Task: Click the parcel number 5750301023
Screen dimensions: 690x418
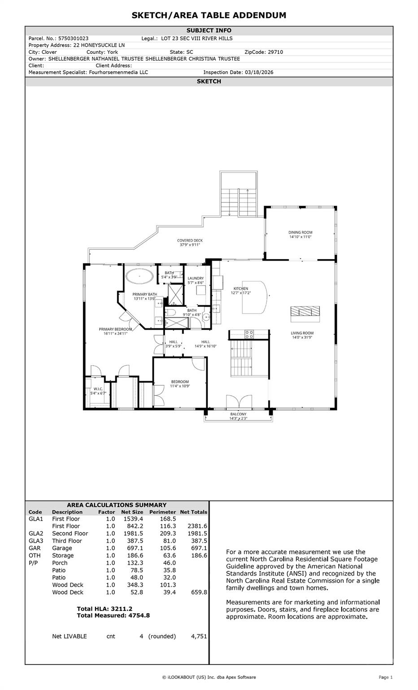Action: click(74, 39)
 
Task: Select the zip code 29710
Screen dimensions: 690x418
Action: click(275, 52)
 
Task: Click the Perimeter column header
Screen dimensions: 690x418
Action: click(162, 512)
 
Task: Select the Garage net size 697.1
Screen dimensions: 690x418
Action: click(133, 548)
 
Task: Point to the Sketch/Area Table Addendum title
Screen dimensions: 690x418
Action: click(209, 15)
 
